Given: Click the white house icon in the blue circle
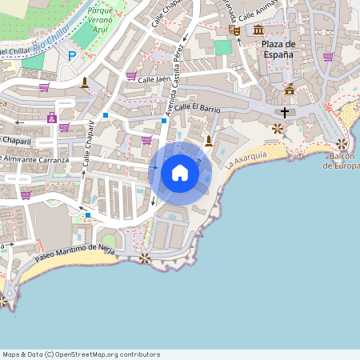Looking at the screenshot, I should (x=180, y=172).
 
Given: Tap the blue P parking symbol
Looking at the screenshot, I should (x=72, y=56).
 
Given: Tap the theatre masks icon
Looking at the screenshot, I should (x=234, y=30).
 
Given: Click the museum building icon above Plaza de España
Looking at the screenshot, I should (x=258, y=30).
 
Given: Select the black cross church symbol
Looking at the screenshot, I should (x=284, y=113).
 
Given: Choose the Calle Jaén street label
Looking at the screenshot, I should (x=155, y=80).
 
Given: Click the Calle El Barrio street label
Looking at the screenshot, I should (x=197, y=106).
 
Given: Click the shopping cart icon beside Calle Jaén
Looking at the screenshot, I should (x=130, y=76).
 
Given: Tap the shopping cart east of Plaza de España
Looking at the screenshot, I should (x=328, y=57).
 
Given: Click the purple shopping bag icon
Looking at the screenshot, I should (x=52, y=118).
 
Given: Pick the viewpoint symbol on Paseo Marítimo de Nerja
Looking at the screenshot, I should (x=144, y=258).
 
